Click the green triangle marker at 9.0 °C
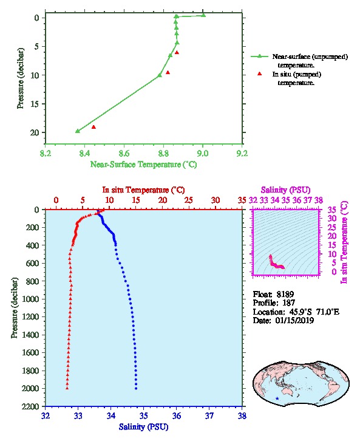(203, 15)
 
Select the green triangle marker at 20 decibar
(78, 131)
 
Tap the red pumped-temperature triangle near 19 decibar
(93, 127)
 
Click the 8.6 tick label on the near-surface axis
(124, 154)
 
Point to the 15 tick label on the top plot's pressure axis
(35, 104)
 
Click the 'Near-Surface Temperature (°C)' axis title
(143, 165)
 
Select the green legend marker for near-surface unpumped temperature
(259, 56)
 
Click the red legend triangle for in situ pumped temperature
(260, 73)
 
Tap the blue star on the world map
(277, 398)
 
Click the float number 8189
(285, 295)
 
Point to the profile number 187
(288, 303)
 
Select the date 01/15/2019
(294, 320)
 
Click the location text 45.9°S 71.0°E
(313, 312)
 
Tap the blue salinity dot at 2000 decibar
(136, 388)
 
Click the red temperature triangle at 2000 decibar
(67, 388)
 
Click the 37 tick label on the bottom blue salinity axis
(209, 415)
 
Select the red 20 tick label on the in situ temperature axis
(163, 200)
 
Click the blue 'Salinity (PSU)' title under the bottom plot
(143, 427)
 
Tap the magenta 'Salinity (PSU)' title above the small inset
(285, 190)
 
